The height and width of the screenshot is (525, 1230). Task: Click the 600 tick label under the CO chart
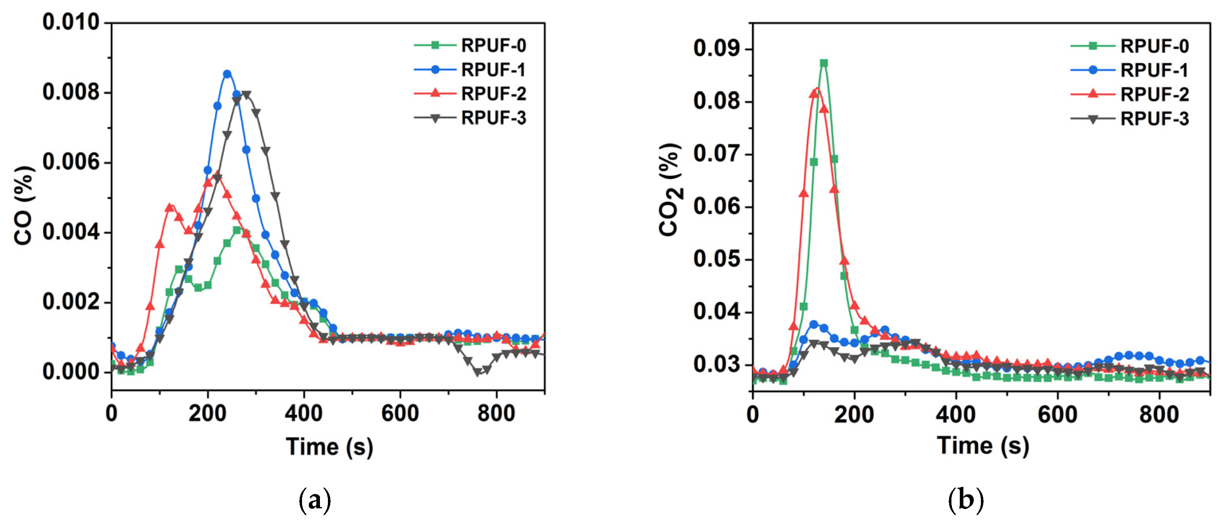coord(400,413)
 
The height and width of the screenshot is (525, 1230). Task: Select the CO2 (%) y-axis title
coord(670,190)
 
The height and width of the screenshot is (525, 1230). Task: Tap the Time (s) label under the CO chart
coord(329,447)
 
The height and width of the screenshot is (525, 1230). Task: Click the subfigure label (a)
coord(314,501)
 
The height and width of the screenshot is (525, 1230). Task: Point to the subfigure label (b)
coord(965,501)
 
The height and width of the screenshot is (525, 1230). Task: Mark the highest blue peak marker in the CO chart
coord(227,74)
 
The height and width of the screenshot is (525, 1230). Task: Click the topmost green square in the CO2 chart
coord(824,63)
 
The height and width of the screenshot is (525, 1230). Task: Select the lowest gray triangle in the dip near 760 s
coord(477,373)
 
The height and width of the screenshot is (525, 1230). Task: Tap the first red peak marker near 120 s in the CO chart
coord(169,207)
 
